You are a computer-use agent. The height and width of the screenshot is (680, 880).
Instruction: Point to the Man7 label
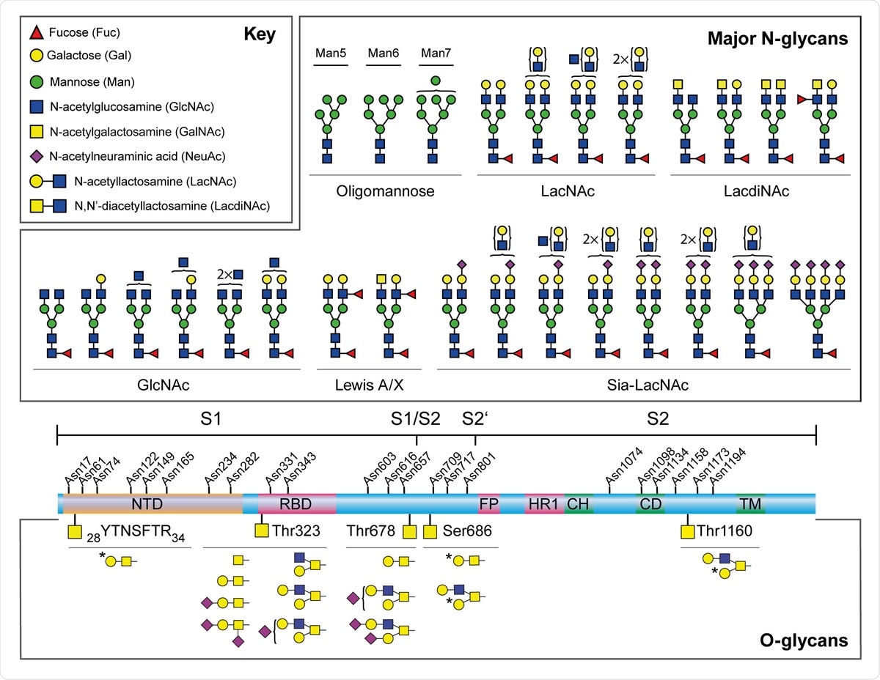(435, 53)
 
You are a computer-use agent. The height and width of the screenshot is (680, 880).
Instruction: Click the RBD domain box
(297, 503)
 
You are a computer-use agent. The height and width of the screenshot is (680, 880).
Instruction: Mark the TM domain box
(751, 503)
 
